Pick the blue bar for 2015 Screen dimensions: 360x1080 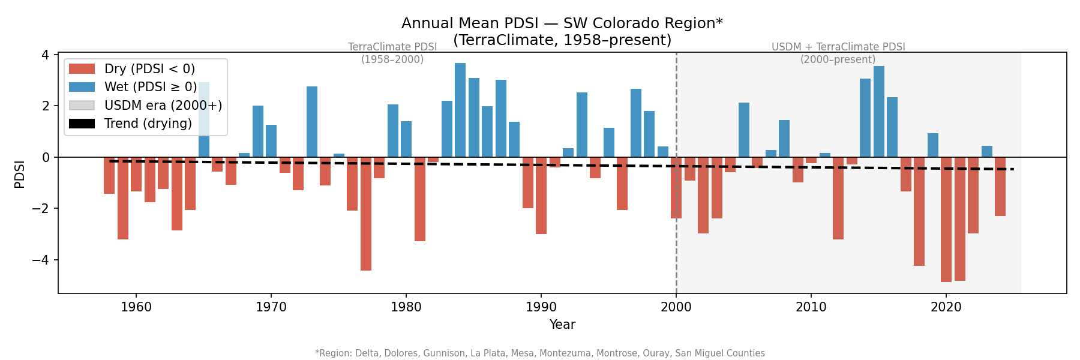879,112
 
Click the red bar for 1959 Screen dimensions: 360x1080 123,198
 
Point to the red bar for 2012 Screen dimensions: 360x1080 838,198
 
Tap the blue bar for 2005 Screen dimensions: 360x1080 744,130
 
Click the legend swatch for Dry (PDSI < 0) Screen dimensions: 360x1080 82,69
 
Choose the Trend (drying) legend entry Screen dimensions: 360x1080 148,124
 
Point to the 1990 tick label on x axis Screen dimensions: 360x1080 541,307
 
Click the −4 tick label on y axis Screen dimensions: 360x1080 41,260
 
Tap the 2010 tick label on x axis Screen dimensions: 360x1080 811,307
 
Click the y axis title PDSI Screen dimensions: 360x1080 20,174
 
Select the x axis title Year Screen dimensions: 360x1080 562,325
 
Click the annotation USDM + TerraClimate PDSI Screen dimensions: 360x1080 838,47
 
